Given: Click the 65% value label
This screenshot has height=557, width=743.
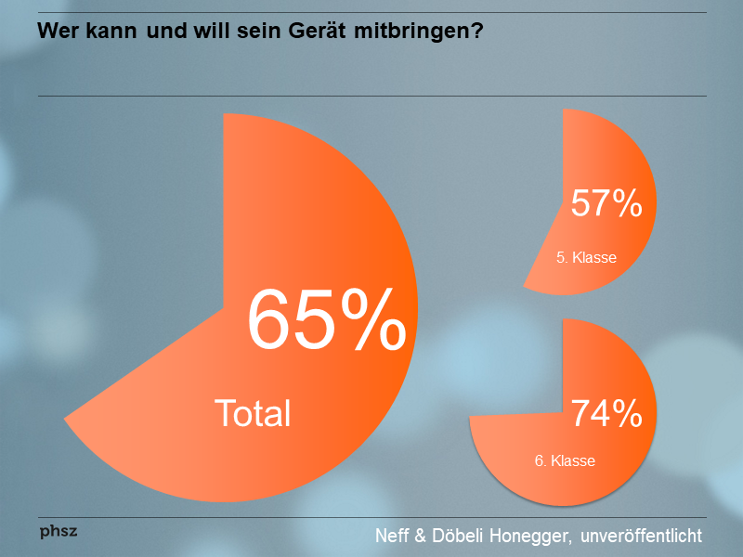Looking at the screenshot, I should [x=327, y=318].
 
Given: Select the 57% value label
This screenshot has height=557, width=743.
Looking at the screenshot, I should [x=606, y=203].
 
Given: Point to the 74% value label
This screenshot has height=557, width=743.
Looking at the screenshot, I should [x=606, y=414].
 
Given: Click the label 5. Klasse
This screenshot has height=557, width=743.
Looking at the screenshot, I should [x=586, y=258].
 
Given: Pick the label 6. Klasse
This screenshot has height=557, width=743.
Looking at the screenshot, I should [x=565, y=460].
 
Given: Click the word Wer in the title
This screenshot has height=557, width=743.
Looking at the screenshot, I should [x=55, y=32].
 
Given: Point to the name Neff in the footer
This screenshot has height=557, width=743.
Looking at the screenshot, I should [x=393, y=536].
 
